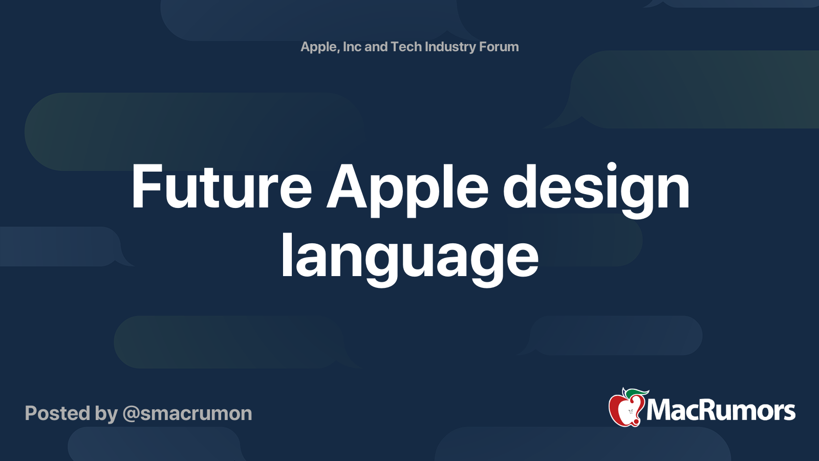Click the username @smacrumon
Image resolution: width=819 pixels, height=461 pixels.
point(187,413)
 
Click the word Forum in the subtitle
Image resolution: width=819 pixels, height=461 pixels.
point(499,47)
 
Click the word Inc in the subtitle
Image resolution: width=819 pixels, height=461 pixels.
point(352,47)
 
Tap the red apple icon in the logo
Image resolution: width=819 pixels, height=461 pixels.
point(626,410)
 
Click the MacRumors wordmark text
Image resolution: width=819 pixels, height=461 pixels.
point(721,410)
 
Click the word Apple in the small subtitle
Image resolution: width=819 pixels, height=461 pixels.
point(319,47)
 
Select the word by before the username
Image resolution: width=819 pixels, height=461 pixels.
point(106,413)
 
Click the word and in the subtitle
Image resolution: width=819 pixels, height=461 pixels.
point(376,47)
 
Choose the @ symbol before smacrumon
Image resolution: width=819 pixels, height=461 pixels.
point(131,414)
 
